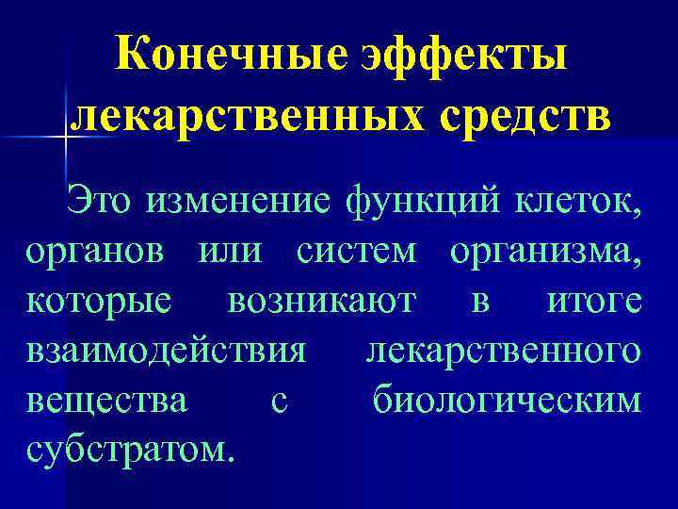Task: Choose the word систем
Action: pos(359,253)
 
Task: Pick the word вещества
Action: pos(105,401)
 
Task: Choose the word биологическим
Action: pos(508,401)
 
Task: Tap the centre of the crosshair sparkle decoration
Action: pos(66,138)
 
